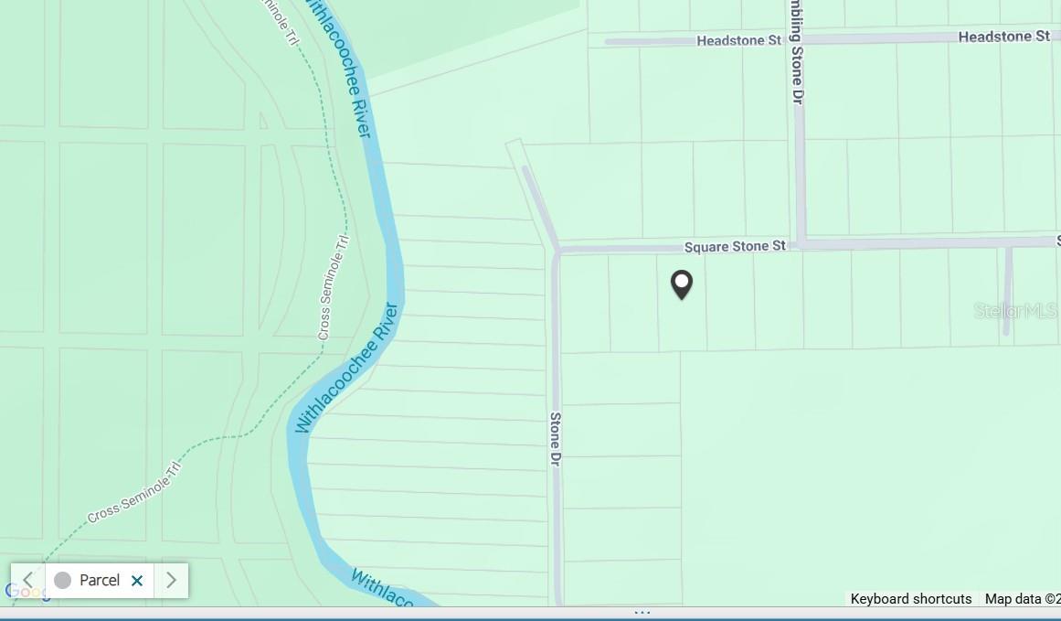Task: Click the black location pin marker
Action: point(682,284)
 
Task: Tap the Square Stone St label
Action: point(735,246)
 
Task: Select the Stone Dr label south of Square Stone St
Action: point(555,439)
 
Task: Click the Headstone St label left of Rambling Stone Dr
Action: point(738,40)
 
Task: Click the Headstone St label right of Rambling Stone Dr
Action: point(1003,37)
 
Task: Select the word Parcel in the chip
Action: point(100,580)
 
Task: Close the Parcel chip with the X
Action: point(137,581)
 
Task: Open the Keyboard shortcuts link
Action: point(910,599)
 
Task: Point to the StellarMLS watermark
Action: point(1014,311)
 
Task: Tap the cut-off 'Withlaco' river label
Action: point(384,589)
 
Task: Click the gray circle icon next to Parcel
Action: point(62,580)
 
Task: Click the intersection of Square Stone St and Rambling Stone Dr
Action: point(801,244)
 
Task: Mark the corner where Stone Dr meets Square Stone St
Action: point(556,250)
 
